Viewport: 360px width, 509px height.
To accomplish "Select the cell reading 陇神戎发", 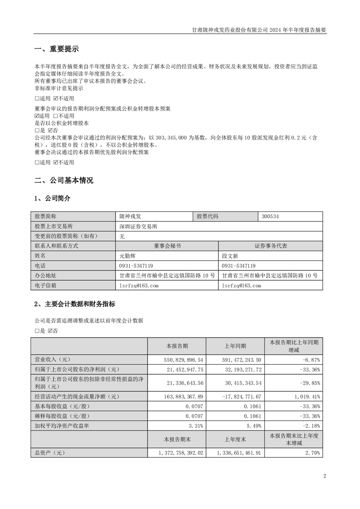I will tap(130, 216).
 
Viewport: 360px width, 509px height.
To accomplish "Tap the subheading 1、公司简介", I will tap(52, 199).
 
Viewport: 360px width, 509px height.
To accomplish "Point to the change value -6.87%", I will tap(311, 358).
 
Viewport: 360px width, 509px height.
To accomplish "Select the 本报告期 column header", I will tap(178, 346).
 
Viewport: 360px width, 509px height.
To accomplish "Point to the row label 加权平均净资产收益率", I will tap(62, 426).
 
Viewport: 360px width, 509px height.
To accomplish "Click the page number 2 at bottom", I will tap(325, 476).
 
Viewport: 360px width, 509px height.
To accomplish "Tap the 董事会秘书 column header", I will tap(167, 246).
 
